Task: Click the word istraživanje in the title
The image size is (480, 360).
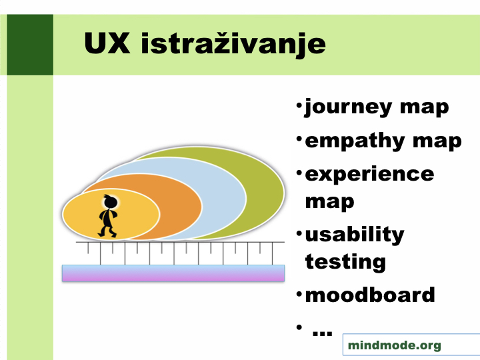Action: (x=233, y=45)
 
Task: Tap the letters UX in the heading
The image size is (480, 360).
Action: (x=107, y=43)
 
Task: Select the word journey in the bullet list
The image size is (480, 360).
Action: (x=347, y=108)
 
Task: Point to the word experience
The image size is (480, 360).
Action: (x=369, y=175)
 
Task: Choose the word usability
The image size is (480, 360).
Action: (x=355, y=235)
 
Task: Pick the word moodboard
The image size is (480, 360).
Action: (x=370, y=295)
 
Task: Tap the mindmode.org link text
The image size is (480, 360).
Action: (x=394, y=345)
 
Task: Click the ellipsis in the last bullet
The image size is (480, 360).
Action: (x=322, y=333)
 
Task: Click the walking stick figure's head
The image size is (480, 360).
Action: (x=110, y=201)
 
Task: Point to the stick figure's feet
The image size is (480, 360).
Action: (x=107, y=235)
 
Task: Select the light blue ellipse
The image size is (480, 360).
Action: (x=223, y=196)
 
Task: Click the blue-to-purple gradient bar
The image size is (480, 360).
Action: (x=173, y=273)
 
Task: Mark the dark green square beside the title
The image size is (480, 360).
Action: (x=30, y=45)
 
